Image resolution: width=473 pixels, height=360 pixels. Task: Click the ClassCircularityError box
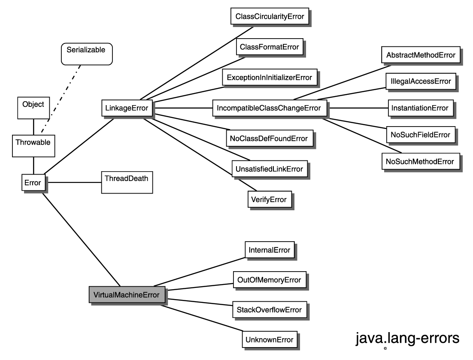(270, 17)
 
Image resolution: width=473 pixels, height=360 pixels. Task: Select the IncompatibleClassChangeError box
(269, 108)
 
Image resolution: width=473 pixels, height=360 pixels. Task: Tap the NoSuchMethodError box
(420, 161)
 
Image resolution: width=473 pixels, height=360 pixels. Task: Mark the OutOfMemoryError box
(270, 280)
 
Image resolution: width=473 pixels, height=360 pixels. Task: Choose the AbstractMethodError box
(420, 55)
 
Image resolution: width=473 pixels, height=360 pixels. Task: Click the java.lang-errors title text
(407, 338)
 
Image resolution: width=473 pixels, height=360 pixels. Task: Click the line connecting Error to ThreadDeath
(73, 183)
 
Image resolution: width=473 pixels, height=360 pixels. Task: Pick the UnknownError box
(270, 339)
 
